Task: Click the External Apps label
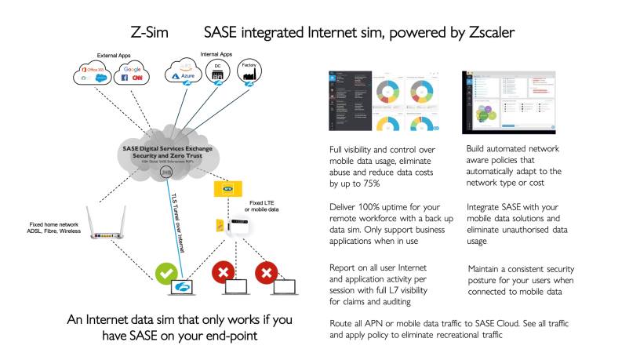click(x=114, y=56)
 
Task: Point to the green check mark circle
click(x=165, y=275)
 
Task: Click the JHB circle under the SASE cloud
click(x=165, y=173)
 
